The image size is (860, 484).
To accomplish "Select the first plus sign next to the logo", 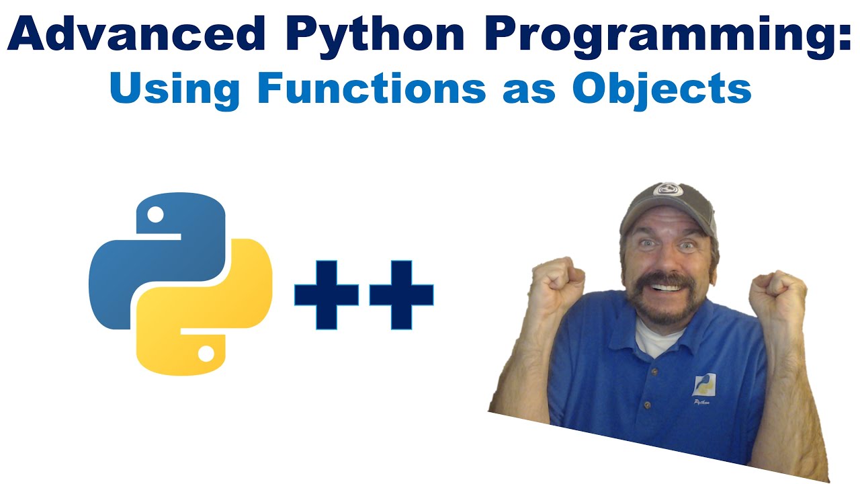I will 327,295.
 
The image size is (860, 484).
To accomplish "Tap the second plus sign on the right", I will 401,295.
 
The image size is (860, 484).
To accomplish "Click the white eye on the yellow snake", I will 206,352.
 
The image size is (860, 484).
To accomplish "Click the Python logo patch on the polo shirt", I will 705,387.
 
